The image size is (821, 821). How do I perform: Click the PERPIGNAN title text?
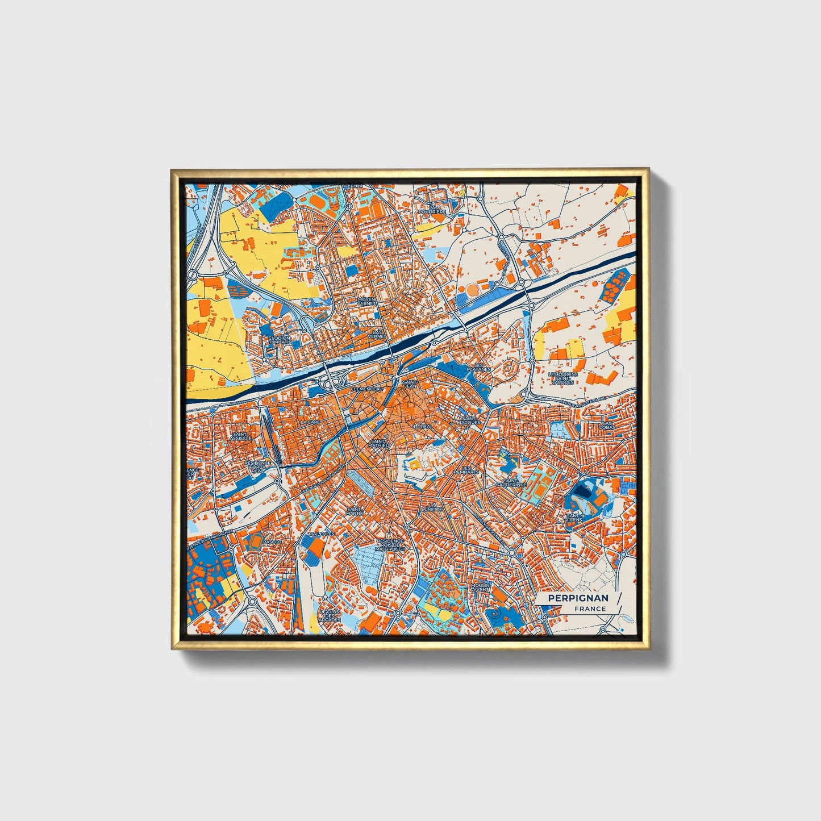tap(578, 598)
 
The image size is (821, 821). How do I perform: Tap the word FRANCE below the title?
tap(590, 609)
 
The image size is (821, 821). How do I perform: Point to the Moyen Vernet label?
tap(366, 302)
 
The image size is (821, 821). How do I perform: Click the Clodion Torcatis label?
tap(279, 340)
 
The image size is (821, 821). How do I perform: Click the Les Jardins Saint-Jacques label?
tap(562, 378)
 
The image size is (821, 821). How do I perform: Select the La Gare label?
tap(310, 423)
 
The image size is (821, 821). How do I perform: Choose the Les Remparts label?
tap(466, 470)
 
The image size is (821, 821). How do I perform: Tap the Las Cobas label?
tap(608, 426)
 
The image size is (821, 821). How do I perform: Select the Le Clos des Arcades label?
tap(330, 616)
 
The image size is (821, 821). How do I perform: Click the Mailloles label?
tap(321, 535)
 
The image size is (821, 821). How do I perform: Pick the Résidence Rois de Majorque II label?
tap(390, 545)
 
